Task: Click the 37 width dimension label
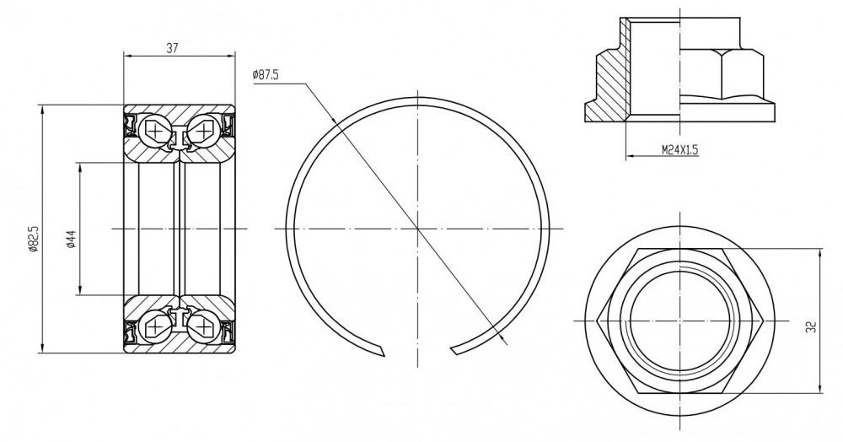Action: [x=171, y=48]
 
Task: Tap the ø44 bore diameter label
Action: [x=71, y=239]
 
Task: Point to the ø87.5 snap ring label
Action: [x=265, y=75]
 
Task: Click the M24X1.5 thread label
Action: [x=679, y=149]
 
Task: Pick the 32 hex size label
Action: [x=813, y=326]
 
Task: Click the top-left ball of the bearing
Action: [x=155, y=130]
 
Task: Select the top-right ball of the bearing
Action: [x=204, y=130]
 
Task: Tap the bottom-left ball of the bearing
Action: [x=155, y=326]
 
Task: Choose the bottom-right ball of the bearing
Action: [x=204, y=326]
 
